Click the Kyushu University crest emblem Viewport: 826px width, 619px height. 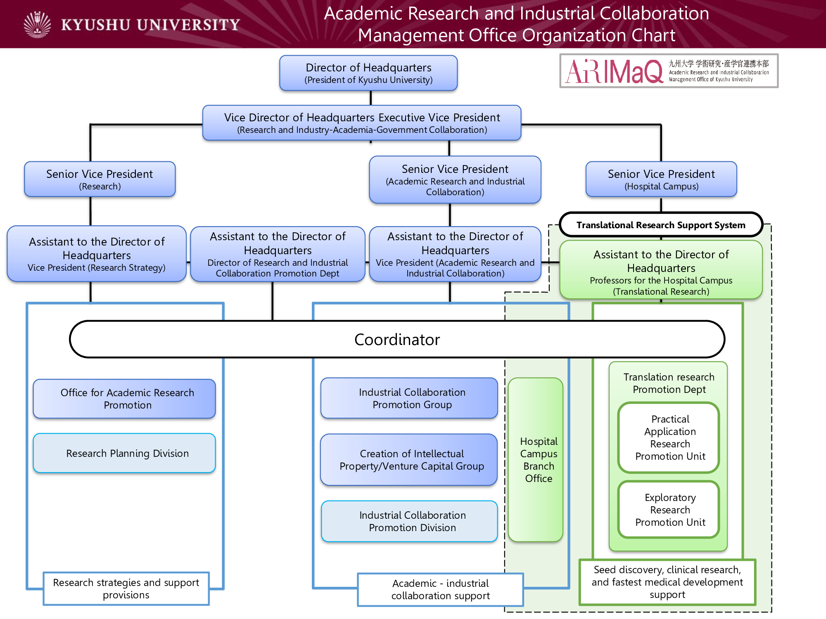(38, 25)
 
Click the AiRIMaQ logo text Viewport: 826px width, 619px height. (614, 71)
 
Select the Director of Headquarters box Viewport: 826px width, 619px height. (368, 73)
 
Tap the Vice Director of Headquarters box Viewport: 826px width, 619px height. (362, 123)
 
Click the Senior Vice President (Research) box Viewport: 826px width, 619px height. (100, 179)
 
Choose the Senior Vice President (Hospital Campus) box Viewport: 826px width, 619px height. (661, 179)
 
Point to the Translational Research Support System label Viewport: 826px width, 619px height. (661, 225)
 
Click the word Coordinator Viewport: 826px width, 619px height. (397, 340)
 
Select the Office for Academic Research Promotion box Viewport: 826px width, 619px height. (124, 399)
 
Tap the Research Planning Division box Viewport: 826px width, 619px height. (124, 453)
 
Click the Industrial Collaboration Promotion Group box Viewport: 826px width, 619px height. (409, 398)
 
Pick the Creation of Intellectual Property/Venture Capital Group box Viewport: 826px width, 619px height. (409, 460)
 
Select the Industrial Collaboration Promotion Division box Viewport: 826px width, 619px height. (409, 521)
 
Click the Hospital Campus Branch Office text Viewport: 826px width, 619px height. (539, 460)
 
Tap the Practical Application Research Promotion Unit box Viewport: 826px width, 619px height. (669, 437)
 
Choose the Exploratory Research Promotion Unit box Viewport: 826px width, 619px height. (669, 510)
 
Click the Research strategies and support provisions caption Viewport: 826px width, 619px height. (126, 588)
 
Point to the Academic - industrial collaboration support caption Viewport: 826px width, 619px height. (440, 589)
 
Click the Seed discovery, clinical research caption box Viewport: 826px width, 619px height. (667, 582)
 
